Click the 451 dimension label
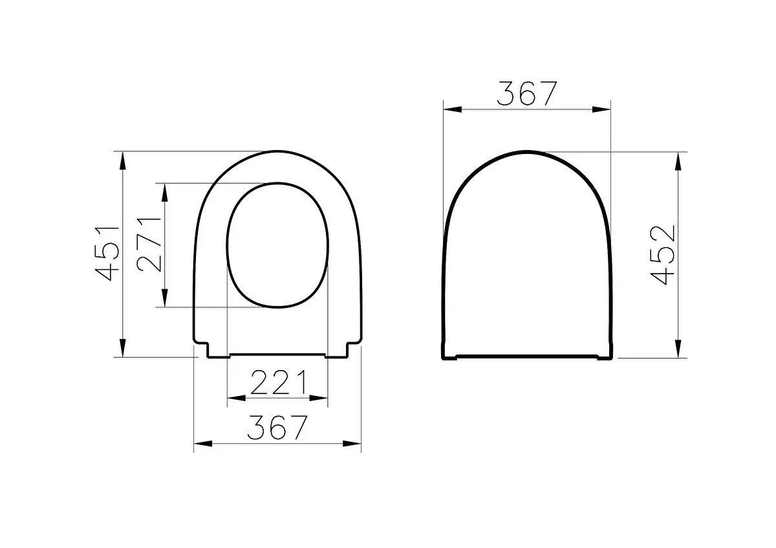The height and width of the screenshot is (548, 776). coord(107,253)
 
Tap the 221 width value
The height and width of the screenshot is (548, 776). coord(278,384)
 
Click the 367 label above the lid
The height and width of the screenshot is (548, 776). coord(526,94)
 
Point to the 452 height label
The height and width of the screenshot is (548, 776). coord(662,254)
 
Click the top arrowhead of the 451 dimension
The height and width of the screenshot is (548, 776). coord(122,159)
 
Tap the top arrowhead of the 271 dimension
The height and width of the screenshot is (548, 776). coord(166,191)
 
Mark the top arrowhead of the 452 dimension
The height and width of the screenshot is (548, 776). coord(678,161)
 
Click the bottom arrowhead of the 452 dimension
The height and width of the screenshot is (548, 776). coord(678,349)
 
